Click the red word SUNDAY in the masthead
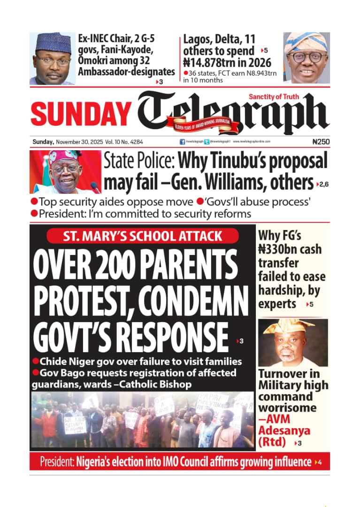(x=81, y=114)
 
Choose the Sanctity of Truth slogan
(x=287, y=97)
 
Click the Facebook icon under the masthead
(x=182, y=141)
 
